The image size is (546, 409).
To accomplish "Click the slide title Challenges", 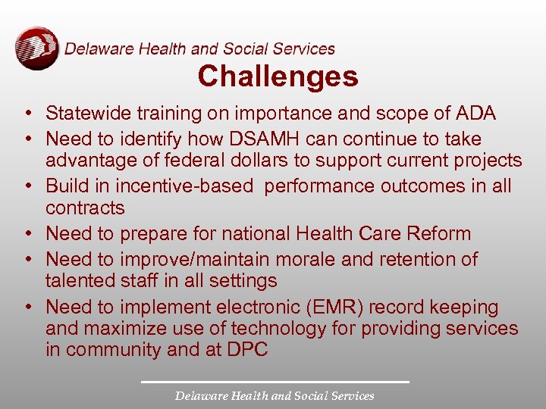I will (x=278, y=76).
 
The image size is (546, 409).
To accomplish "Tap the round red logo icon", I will (x=36, y=48).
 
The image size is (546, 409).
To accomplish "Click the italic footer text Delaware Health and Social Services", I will (x=275, y=395).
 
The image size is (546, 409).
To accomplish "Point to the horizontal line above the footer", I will (x=275, y=381).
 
